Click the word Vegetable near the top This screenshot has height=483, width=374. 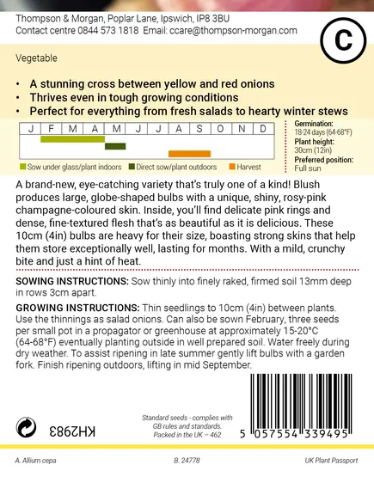35,59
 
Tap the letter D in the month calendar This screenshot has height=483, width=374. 263,129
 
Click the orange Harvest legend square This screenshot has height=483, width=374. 233,166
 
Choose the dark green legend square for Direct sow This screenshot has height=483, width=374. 132,166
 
